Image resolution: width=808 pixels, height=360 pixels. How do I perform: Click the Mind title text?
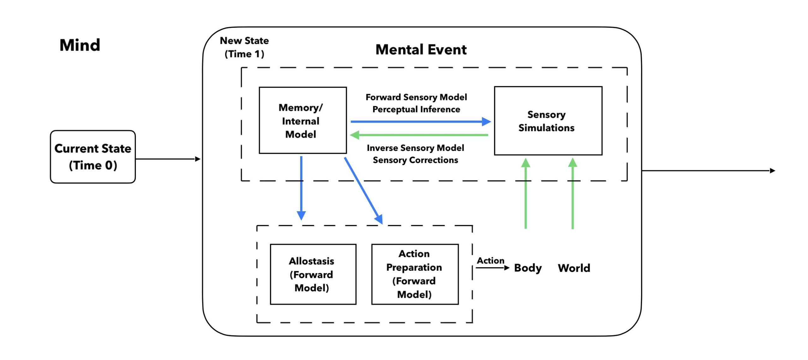pyautogui.click(x=80, y=45)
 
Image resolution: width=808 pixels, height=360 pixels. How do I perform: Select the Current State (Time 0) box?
pyautogui.click(x=93, y=157)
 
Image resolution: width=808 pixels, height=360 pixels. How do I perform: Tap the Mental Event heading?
pyautogui.click(x=421, y=50)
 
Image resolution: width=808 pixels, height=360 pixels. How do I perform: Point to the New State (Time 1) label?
pyautogui.click(x=244, y=47)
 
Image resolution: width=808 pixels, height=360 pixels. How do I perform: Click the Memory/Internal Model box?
pyautogui.click(x=302, y=121)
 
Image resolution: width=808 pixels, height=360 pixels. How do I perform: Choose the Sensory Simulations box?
pyautogui.click(x=548, y=121)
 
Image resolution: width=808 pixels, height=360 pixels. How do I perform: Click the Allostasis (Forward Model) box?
pyautogui.click(x=313, y=274)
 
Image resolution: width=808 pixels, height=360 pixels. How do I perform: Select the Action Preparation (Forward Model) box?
pyautogui.click(x=414, y=274)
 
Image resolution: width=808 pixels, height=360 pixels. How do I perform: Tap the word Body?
pyautogui.click(x=528, y=268)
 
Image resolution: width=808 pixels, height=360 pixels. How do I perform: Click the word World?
pyautogui.click(x=574, y=268)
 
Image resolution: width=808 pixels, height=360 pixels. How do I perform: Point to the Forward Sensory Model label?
pyautogui.click(x=416, y=97)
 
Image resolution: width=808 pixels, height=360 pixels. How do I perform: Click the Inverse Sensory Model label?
pyautogui.click(x=415, y=148)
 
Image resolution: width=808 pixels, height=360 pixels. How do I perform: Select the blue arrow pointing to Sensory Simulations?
pyautogui.click(x=420, y=122)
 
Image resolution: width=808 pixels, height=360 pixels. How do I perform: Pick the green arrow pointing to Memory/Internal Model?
pyautogui.click(x=420, y=135)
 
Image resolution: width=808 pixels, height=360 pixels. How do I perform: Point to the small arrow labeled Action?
pyautogui.click(x=492, y=268)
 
